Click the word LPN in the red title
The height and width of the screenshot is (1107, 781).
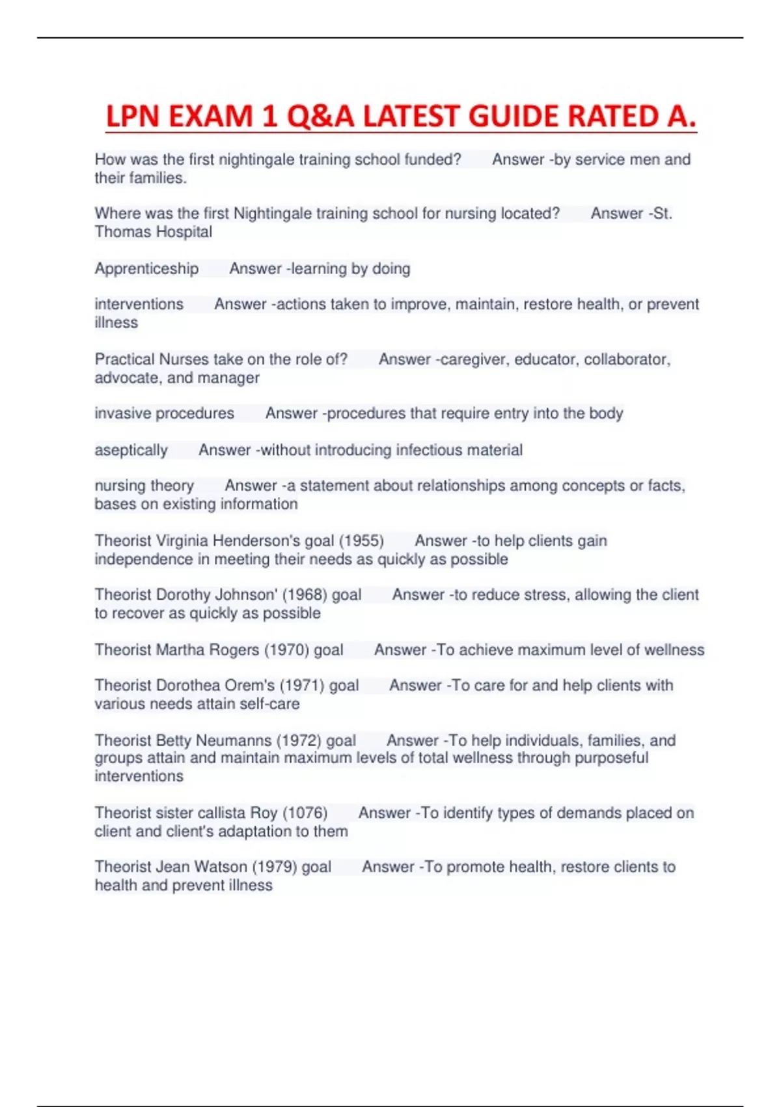click(x=133, y=117)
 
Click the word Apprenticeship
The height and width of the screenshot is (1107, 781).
click(x=146, y=268)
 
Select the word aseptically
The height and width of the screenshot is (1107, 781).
click(x=131, y=450)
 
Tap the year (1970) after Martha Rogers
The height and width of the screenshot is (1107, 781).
click(x=287, y=650)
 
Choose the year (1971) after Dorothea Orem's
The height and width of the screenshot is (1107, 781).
click(x=302, y=685)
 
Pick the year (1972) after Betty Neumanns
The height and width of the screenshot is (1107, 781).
click(x=299, y=740)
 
